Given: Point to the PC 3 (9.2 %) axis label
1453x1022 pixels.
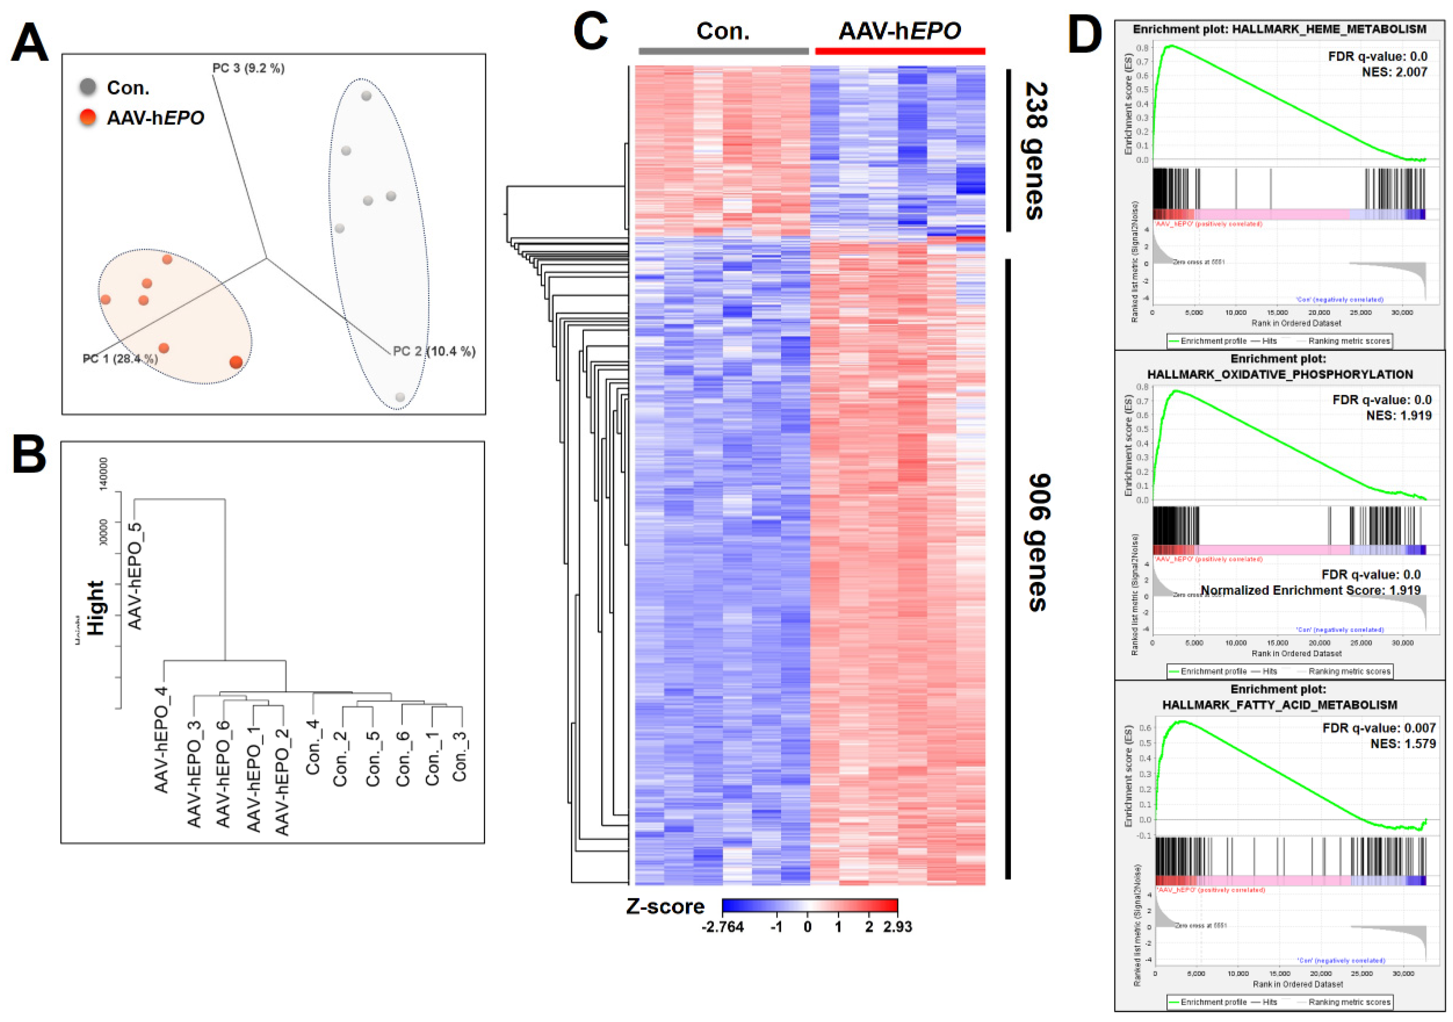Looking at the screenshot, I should (x=248, y=68).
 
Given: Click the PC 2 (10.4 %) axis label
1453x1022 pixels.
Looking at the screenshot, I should (x=434, y=351).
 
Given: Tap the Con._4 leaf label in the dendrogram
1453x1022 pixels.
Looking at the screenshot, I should (x=313, y=747).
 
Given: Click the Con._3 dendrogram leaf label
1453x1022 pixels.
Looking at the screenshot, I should (x=460, y=756).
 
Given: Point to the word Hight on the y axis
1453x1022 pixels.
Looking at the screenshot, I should (x=95, y=608).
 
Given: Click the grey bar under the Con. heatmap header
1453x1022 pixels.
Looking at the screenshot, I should (x=724, y=51).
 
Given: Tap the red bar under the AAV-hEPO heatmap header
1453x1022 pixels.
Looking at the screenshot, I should (x=900, y=51).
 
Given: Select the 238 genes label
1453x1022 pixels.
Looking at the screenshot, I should (x=1034, y=151).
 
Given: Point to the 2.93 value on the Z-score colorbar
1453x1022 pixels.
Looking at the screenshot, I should (x=897, y=927).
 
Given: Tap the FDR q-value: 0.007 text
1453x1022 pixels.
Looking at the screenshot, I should (x=1379, y=728).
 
